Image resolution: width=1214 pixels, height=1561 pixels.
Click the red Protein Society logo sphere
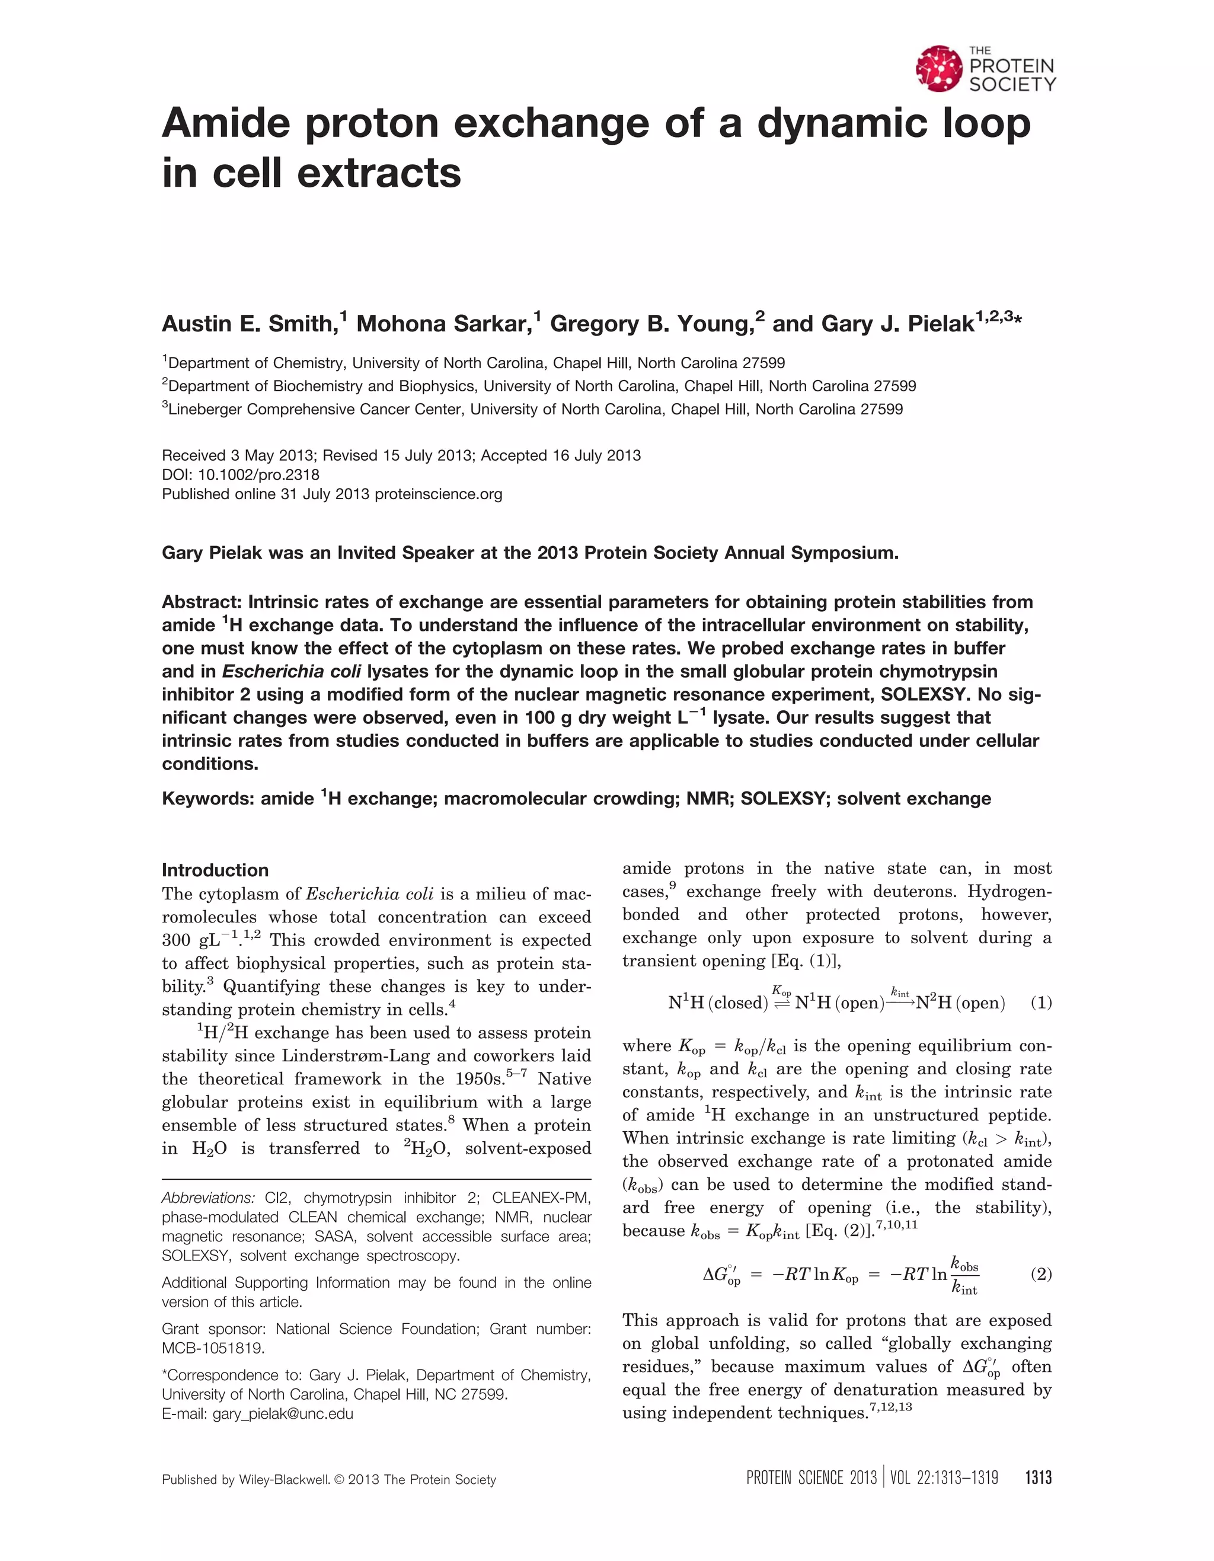[939, 69]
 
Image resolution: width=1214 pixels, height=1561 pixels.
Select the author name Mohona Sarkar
[448, 324]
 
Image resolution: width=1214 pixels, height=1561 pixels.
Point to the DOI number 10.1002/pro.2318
[258, 475]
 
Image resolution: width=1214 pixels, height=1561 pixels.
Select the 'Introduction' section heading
[215, 870]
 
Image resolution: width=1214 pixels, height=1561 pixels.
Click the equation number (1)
[1041, 1003]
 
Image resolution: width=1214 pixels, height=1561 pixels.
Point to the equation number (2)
[1041, 1275]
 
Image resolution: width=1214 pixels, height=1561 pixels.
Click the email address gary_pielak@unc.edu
[283, 1414]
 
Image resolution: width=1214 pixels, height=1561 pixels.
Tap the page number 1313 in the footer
[1038, 1478]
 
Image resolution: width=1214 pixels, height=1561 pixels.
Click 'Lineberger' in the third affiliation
[205, 410]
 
